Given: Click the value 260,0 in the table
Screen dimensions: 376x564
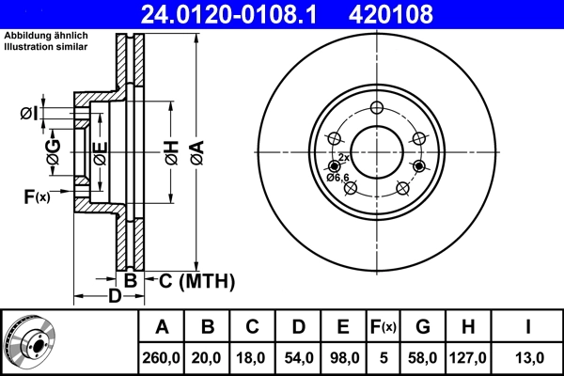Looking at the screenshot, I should [162, 356].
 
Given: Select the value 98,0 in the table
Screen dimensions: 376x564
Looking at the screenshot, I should [343, 356].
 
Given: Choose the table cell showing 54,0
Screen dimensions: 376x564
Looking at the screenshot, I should [298, 356].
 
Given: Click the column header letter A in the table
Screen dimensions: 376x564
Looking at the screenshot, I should [162, 327].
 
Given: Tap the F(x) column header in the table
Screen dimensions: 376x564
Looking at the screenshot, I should [384, 327].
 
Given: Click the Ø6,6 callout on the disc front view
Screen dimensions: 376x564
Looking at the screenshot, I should [338, 177].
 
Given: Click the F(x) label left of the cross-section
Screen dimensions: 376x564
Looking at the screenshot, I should [37, 196].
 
